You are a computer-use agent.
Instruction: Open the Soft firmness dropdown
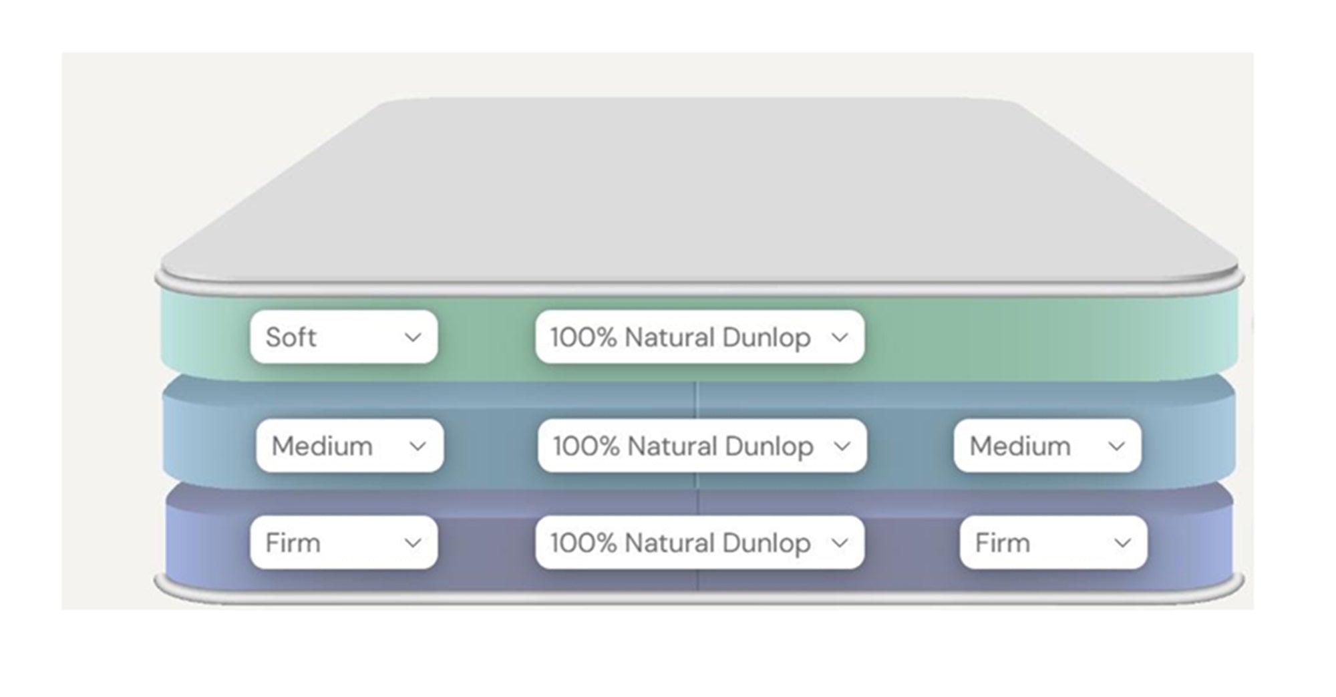[x=343, y=337]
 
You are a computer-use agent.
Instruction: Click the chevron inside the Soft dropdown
[x=413, y=337]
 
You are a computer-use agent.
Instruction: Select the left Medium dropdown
[x=349, y=446]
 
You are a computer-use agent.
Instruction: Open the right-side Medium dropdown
[x=1047, y=446]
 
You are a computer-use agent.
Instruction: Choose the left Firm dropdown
[x=343, y=543]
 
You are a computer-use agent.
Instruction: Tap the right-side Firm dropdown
[x=1053, y=543]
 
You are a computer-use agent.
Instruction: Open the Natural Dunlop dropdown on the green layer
[x=699, y=337]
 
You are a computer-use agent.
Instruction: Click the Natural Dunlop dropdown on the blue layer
[x=702, y=446]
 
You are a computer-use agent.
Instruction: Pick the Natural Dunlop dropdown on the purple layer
[x=699, y=543]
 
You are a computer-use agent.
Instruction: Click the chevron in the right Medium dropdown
[x=1116, y=446]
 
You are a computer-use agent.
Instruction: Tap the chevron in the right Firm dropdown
[x=1122, y=543]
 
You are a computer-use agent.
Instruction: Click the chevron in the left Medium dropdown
[x=417, y=446]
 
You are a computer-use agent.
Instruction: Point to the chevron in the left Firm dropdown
[x=413, y=543]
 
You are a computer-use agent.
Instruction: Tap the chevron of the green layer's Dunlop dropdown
[x=839, y=337]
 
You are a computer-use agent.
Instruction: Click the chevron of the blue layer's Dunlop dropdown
[x=842, y=446]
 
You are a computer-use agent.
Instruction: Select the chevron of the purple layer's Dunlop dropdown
[x=839, y=543]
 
